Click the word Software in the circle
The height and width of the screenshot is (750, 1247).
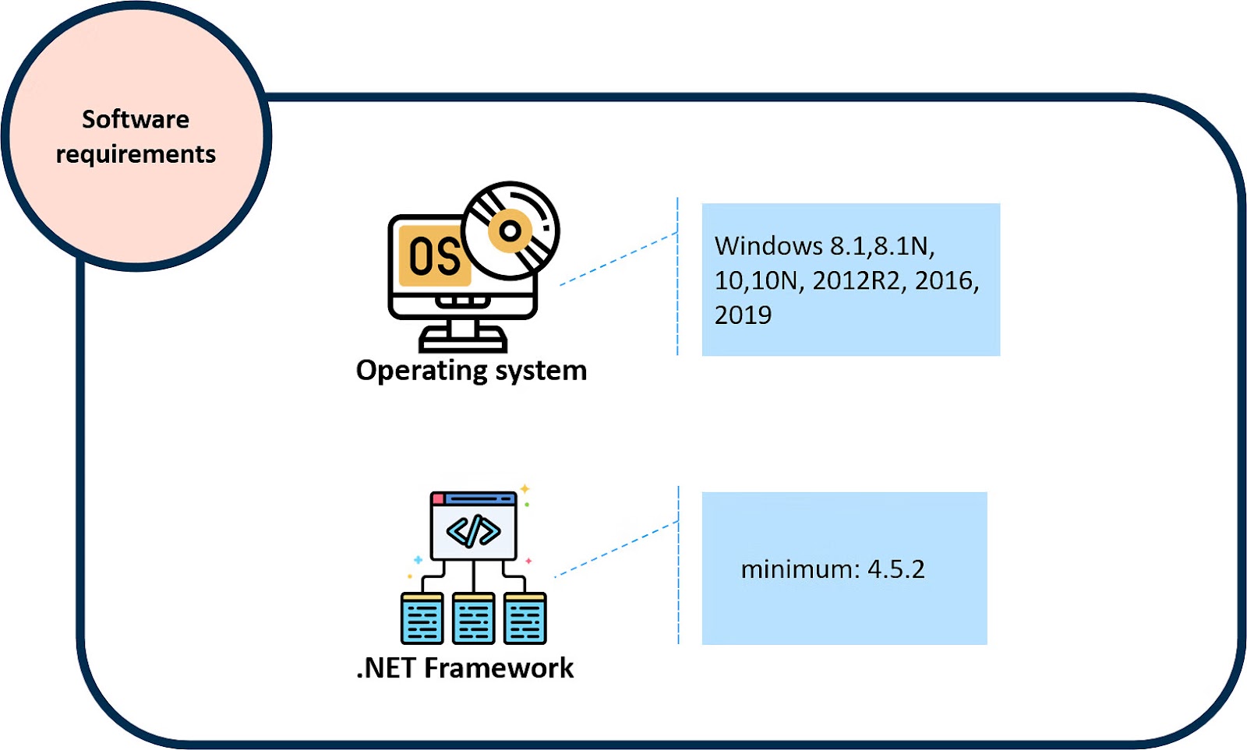(x=136, y=119)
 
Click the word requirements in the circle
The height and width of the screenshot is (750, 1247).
(x=136, y=154)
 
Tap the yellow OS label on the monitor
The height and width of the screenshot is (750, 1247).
(x=433, y=256)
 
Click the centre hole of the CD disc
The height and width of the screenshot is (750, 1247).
(x=510, y=231)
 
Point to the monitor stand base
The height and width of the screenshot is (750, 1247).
(x=463, y=341)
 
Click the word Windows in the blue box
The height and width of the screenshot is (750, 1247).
(x=768, y=246)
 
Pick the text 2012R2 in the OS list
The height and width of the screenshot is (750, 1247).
(x=856, y=280)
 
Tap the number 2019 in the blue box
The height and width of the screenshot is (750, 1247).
(x=743, y=315)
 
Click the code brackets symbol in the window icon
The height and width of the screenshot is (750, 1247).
(x=473, y=532)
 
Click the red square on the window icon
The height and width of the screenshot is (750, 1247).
(x=438, y=498)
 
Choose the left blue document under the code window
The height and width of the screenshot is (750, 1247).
(x=422, y=619)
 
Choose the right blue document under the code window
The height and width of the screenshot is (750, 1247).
(x=525, y=619)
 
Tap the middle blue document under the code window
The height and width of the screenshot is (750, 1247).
(x=474, y=619)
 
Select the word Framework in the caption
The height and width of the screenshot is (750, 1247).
(x=499, y=668)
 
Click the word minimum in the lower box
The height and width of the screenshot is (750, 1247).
(x=797, y=569)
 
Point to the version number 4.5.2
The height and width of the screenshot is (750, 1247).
(x=896, y=569)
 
